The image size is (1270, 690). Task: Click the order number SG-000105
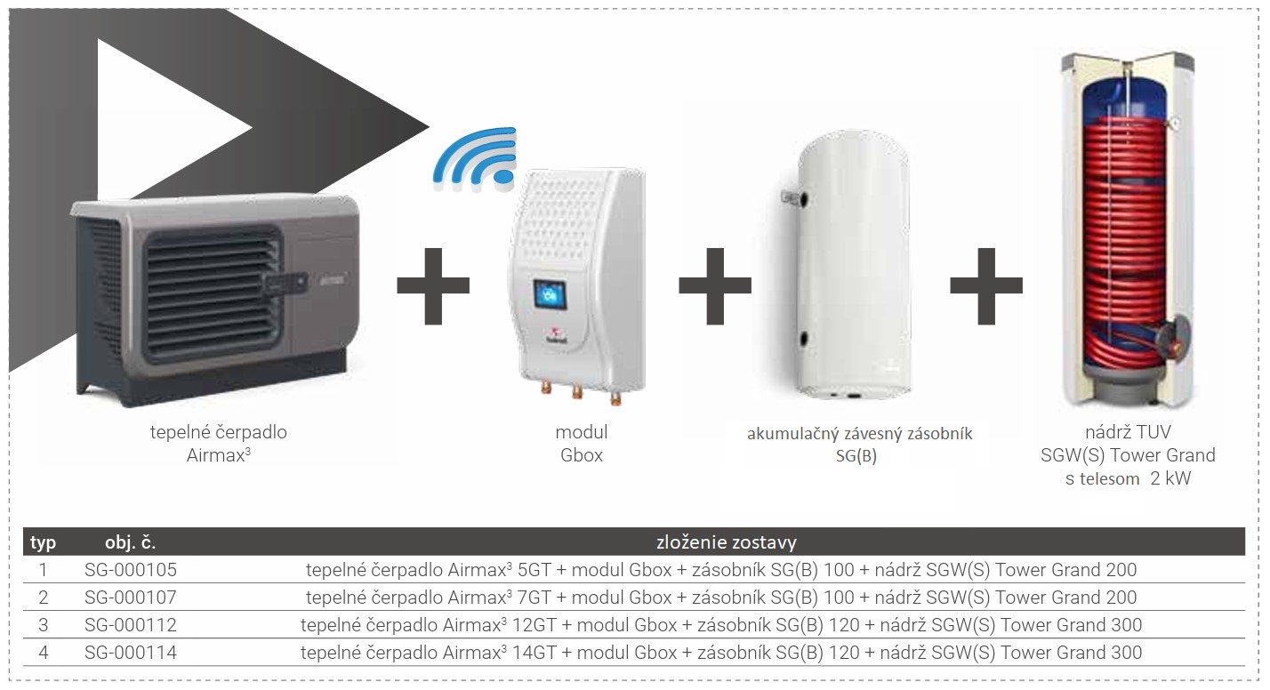pyautogui.click(x=130, y=570)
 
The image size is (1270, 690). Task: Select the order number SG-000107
pyautogui.click(x=130, y=598)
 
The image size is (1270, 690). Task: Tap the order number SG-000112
pyautogui.click(x=130, y=625)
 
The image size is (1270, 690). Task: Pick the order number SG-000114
pyautogui.click(x=130, y=653)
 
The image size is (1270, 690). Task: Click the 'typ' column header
pyautogui.click(x=43, y=542)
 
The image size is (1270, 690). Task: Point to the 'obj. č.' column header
pyautogui.click(x=130, y=542)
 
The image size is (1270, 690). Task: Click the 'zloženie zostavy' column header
pyautogui.click(x=726, y=542)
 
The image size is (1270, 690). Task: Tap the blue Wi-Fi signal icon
pyautogui.click(x=477, y=158)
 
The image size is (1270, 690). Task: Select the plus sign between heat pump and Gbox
pyautogui.click(x=433, y=285)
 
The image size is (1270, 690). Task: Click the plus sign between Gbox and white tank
pyautogui.click(x=714, y=285)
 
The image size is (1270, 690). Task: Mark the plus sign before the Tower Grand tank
pyautogui.click(x=985, y=285)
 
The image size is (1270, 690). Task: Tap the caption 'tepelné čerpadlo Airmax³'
pyautogui.click(x=218, y=444)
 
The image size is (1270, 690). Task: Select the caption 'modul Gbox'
pyautogui.click(x=581, y=444)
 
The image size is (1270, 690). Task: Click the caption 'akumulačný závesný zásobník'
pyautogui.click(x=859, y=434)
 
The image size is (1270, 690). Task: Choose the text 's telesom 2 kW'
pyautogui.click(x=1128, y=479)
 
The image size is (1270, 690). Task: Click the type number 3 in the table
pyautogui.click(x=43, y=625)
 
